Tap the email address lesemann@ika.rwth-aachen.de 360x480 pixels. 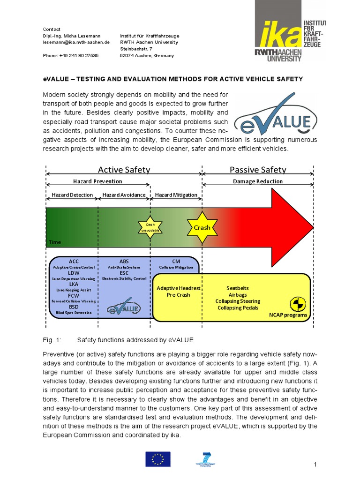point(76,42)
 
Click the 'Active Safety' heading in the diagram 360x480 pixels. point(124,170)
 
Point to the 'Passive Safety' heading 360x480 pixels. point(258,170)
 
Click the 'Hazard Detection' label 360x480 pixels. point(72,195)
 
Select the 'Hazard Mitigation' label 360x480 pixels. point(176,195)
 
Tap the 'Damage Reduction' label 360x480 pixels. point(258,181)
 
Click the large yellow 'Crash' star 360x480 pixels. point(202,227)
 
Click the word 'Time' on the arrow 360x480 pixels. point(55,242)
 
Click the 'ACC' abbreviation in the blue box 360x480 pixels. point(74,261)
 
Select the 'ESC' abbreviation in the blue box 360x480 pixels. point(124,273)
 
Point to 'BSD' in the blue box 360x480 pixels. point(74,307)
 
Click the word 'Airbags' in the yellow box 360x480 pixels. point(237,294)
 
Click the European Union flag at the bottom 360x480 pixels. point(158,459)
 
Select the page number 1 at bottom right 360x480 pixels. point(315,464)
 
